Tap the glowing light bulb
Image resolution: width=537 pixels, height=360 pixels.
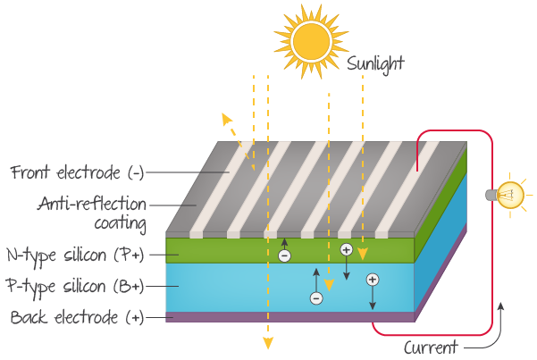[x=513, y=195]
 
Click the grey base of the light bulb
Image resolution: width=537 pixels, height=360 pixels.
[x=490, y=194]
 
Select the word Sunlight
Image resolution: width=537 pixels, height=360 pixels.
[x=376, y=63]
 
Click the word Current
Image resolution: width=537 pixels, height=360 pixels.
[x=431, y=347]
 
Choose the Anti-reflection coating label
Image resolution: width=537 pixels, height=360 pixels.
[x=92, y=213]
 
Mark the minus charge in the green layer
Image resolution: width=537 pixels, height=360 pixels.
[x=284, y=255]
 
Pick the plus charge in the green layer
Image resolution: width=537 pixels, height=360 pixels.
[x=347, y=249]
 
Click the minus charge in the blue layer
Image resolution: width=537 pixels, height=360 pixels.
[x=315, y=298]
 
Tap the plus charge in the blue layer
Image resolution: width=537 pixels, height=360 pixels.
[x=373, y=279]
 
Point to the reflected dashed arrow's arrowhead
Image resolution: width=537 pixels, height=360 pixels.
[x=224, y=120]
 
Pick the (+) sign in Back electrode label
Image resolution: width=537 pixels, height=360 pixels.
[x=133, y=317]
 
